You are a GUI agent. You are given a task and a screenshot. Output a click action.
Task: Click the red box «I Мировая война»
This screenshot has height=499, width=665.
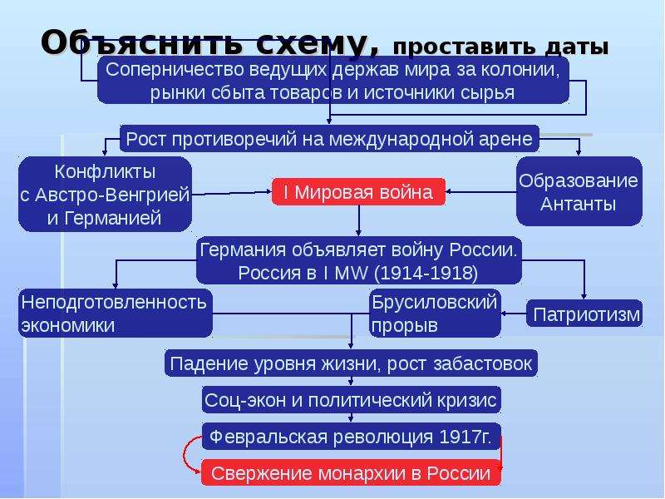(x=358, y=192)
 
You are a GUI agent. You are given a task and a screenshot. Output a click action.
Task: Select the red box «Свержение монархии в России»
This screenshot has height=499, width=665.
(x=351, y=472)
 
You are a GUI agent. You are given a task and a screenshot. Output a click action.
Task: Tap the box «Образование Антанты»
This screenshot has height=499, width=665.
(x=579, y=192)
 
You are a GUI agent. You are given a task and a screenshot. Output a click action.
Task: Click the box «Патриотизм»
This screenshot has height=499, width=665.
(x=584, y=314)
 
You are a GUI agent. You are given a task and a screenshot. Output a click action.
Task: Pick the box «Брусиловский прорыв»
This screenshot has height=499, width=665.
(x=435, y=314)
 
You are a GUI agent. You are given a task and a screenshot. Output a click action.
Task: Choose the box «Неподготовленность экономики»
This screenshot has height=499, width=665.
(x=115, y=314)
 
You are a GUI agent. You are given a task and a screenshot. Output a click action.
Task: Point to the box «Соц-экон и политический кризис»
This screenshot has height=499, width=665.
(x=351, y=400)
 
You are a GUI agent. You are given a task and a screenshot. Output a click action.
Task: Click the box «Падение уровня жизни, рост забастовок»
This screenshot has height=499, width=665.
(x=351, y=363)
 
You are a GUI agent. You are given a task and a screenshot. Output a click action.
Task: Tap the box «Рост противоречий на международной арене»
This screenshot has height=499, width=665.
(x=329, y=139)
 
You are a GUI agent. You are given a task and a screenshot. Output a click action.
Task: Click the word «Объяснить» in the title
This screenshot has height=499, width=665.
(x=143, y=43)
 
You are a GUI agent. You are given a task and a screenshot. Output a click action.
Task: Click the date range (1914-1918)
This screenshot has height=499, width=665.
(x=426, y=273)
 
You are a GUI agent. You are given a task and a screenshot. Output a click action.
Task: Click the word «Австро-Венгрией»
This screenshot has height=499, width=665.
(x=112, y=195)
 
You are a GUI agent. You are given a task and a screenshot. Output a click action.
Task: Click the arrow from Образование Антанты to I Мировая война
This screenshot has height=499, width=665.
(x=481, y=192)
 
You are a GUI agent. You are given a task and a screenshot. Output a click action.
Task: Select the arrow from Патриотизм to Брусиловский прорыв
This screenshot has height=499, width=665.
(x=514, y=314)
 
